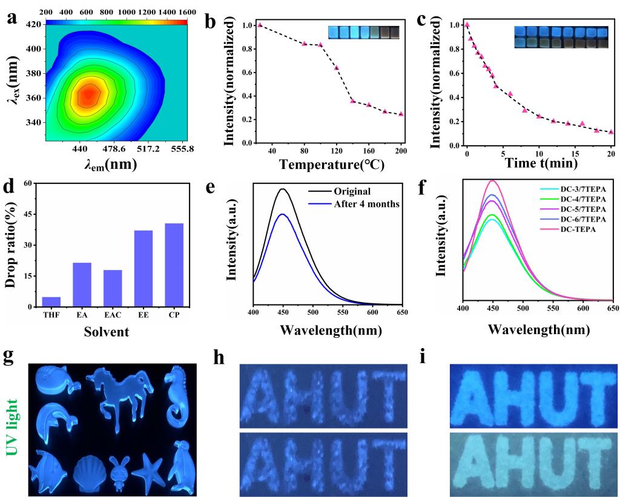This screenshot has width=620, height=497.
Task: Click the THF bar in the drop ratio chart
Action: [x=51, y=301]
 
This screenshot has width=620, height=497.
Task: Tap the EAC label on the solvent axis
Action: [x=113, y=314]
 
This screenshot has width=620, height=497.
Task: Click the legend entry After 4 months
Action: [x=367, y=204]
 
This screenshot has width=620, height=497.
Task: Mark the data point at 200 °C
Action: [x=401, y=114]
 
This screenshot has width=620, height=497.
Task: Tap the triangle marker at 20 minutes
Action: [x=611, y=132]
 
